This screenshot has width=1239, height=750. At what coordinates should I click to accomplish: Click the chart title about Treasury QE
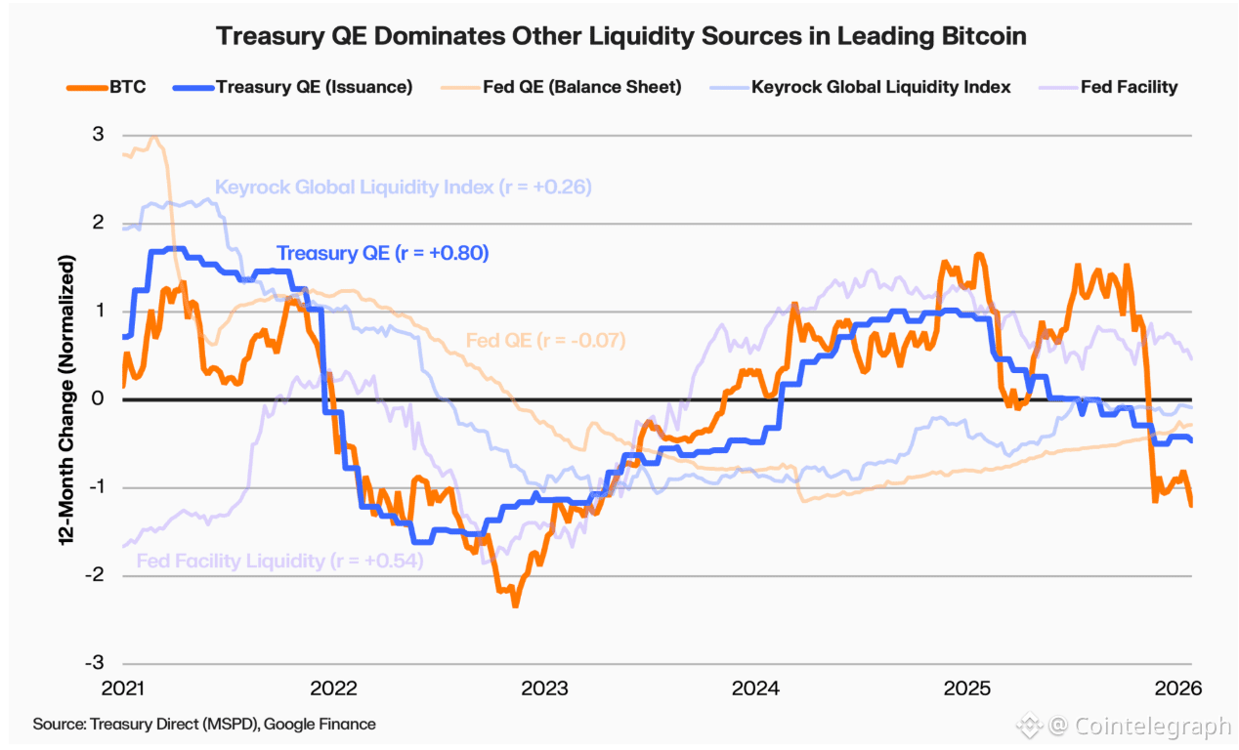(x=620, y=36)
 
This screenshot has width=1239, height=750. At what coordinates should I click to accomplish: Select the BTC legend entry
(x=107, y=87)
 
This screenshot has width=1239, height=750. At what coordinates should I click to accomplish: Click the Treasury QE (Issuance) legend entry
(x=294, y=87)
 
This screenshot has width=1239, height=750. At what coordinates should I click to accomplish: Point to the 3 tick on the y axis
(x=99, y=135)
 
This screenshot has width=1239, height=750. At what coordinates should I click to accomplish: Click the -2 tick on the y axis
(x=95, y=575)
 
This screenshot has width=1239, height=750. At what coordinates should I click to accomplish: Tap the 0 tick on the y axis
(x=99, y=398)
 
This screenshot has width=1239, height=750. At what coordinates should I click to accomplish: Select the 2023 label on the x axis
(x=545, y=687)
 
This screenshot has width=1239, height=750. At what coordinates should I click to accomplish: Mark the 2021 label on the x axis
(x=124, y=687)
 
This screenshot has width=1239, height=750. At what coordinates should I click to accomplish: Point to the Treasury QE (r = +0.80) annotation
(x=382, y=253)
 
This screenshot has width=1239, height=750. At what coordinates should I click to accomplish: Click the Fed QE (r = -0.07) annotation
(x=545, y=341)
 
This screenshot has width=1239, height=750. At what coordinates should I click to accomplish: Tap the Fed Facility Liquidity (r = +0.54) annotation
(x=279, y=561)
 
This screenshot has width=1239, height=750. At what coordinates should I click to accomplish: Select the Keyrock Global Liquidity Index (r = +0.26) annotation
(x=404, y=187)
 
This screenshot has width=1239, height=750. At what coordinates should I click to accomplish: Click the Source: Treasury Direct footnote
(x=204, y=724)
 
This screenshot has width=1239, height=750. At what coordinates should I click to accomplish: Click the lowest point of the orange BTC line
(x=515, y=606)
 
